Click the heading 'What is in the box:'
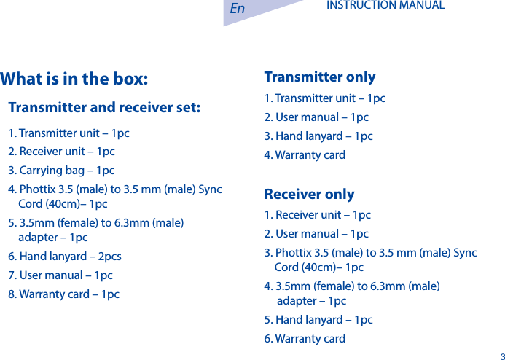[74, 79]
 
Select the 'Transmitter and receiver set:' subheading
[104, 108]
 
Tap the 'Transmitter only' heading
[320, 77]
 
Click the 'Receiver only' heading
[309, 195]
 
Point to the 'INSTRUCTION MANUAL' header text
[385, 6]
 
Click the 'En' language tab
[238, 9]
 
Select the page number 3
[501, 356]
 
